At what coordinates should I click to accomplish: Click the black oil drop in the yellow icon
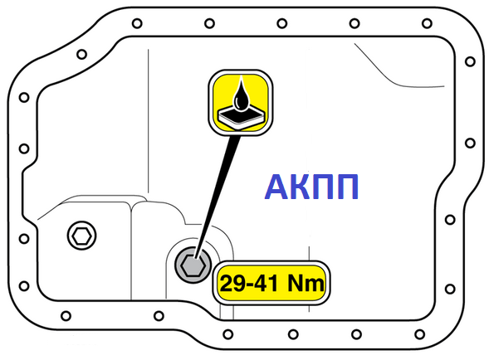click(x=241, y=96)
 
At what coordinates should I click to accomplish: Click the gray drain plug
click(x=193, y=265)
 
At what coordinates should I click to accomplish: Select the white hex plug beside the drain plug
click(x=81, y=236)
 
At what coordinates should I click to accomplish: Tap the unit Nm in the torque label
click(x=306, y=284)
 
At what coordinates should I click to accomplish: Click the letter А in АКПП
click(x=277, y=187)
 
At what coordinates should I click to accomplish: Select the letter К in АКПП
click(x=301, y=187)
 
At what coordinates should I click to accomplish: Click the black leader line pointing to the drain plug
click(x=218, y=197)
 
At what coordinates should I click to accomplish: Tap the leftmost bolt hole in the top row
click(x=137, y=23)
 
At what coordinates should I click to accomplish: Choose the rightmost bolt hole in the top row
click(x=427, y=23)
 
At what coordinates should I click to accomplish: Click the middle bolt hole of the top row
click(x=282, y=23)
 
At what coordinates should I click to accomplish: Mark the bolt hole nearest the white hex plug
click(x=24, y=239)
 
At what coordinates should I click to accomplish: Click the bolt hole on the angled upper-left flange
click(x=81, y=54)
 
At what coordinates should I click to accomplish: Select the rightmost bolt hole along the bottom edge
click(x=420, y=334)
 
